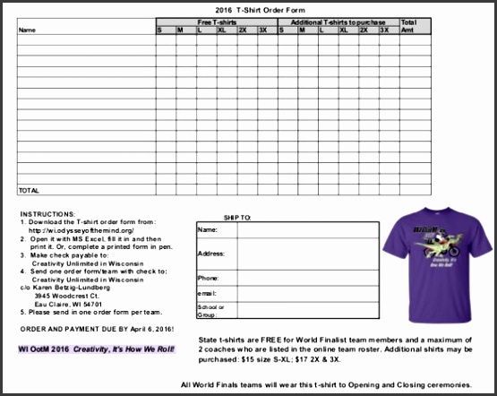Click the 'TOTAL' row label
coord(29,191)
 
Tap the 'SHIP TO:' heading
coord(242,218)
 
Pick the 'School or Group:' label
coord(209,310)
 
